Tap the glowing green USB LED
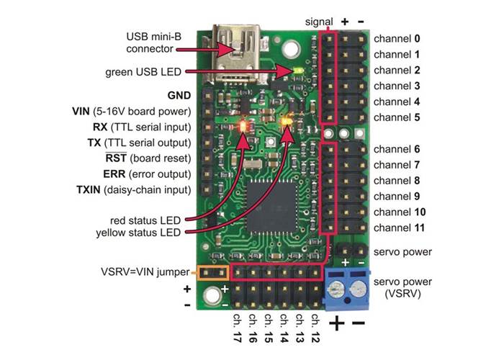[298, 71]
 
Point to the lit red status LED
[243, 125]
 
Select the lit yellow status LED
[289, 120]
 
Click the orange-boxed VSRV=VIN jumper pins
[212, 273]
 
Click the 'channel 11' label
[400, 228]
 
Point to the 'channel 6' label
[397, 149]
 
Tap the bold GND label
[179, 95]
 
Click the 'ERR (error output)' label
[146, 174]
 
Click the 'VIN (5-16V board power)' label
[132, 112]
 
